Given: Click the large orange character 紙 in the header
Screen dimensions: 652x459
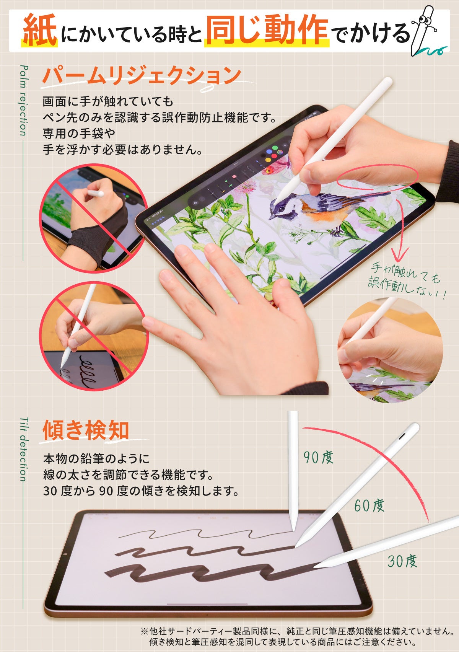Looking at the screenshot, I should tap(40, 31).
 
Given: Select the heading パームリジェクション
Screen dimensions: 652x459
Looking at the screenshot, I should tap(142, 75).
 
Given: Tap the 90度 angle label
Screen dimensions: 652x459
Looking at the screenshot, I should tap(318, 457).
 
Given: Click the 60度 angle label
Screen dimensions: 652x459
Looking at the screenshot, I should tap(369, 505).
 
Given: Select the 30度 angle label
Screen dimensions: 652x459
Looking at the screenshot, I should tap(402, 561).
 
